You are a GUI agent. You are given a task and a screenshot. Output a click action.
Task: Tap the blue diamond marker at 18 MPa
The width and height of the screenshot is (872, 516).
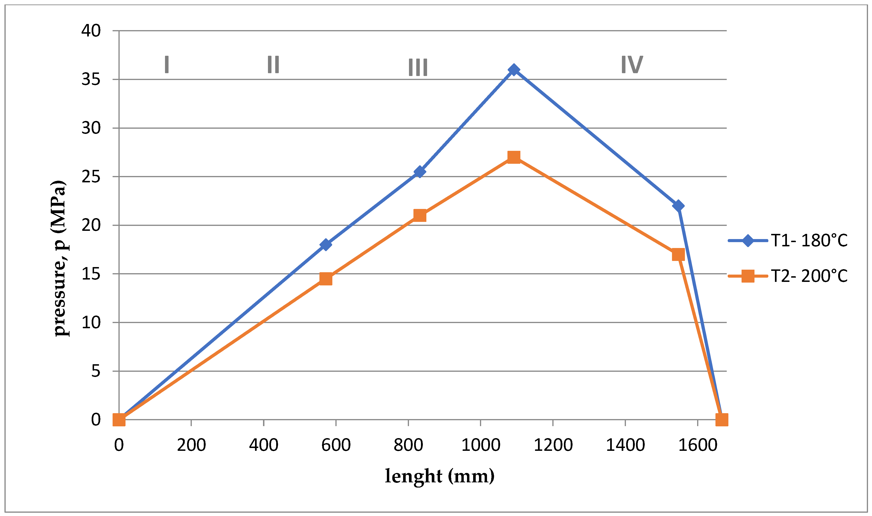point(325,244)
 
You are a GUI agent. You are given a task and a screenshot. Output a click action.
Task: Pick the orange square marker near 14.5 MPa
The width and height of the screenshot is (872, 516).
point(325,279)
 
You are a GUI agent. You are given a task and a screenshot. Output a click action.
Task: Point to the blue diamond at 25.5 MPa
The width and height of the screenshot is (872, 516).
point(420,172)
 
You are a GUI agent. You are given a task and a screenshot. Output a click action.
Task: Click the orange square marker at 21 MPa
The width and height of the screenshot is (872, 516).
point(420,216)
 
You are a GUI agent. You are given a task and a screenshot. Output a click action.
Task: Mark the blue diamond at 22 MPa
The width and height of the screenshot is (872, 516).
point(678,206)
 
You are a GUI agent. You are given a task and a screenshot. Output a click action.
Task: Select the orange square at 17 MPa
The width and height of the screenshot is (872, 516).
point(678,255)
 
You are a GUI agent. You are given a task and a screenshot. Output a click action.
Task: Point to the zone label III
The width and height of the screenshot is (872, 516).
point(418,67)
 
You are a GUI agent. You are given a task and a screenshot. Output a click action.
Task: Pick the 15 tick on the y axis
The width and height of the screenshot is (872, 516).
point(91,274)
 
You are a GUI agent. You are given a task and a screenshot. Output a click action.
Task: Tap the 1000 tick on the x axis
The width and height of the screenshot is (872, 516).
point(481,445)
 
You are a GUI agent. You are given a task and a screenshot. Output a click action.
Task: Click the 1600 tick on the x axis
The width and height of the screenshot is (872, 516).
point(697,445)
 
